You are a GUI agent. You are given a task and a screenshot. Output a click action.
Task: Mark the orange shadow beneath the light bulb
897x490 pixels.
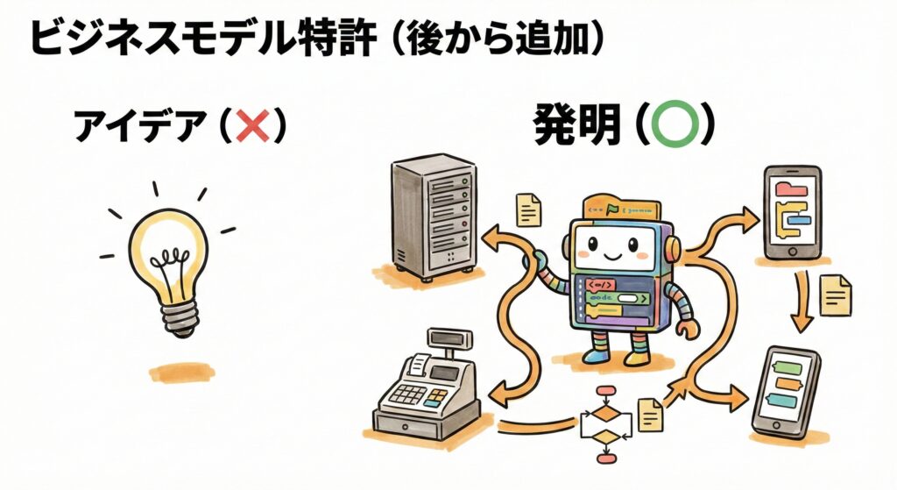coord(180,372)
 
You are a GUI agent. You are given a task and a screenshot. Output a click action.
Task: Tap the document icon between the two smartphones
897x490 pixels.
coord(834,295)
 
